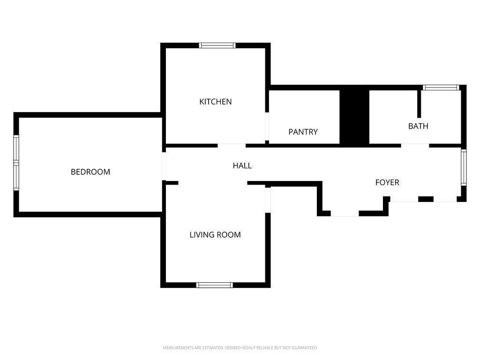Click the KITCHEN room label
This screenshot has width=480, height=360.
[x=216, y=102]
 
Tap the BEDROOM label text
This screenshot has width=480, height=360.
[x=90, y=172]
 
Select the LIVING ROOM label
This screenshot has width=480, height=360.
[x=215, y=235]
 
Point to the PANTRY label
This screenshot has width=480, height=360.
[x=303, y=132]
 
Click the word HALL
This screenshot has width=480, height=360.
[x=242, y=165]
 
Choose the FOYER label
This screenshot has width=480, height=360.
[x=387, y=182]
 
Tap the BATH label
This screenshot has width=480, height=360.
[x=418, y=126]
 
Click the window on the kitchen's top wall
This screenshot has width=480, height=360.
[x=217, y=45]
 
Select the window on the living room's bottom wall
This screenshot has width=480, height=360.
[x=215, y=285]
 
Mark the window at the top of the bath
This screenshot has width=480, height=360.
[x=441, y=88]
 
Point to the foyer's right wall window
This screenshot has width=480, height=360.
[x=464, y=167]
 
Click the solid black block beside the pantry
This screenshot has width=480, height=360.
[x=354, y=117]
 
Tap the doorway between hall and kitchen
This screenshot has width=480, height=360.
[x=232, y=146]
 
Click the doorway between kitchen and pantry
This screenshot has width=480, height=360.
[x=267, y=127]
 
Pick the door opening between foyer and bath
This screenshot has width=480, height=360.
[x=415, y=146]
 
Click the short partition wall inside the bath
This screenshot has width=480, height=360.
[x=419, y=104]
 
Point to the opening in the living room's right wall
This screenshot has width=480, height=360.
[x=268, y=200]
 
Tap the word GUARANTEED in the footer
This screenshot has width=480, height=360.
[x=304, y=348]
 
